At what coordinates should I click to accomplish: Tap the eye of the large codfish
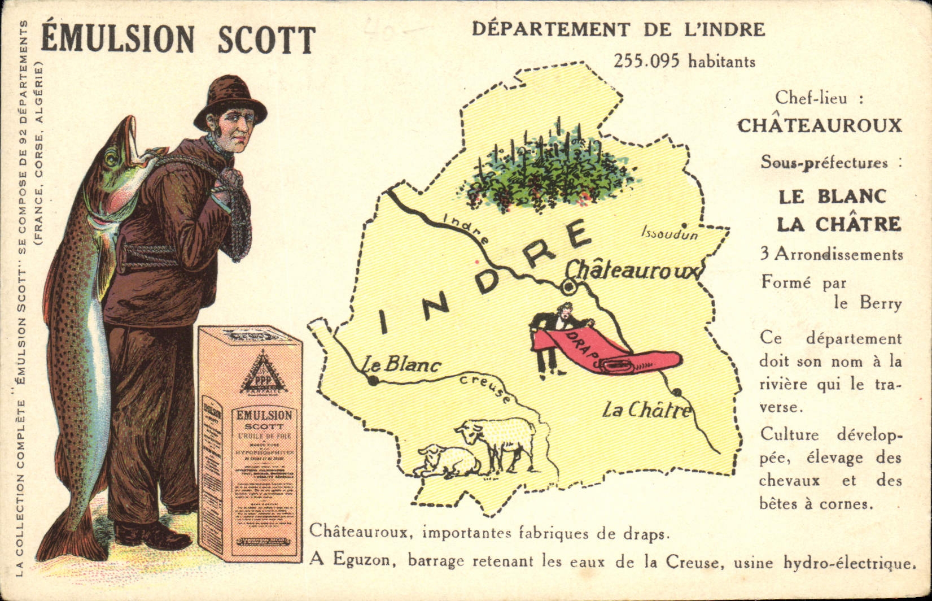coord(112,158)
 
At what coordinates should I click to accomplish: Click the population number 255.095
coord(646,61)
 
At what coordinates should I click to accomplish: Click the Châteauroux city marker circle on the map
coord(568,288)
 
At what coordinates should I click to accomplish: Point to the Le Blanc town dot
coord(373,381)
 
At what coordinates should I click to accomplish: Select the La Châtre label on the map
coord(646,410)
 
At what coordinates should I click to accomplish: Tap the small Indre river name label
coord(466,228)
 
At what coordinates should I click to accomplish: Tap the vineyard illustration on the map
coord(550,169)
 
